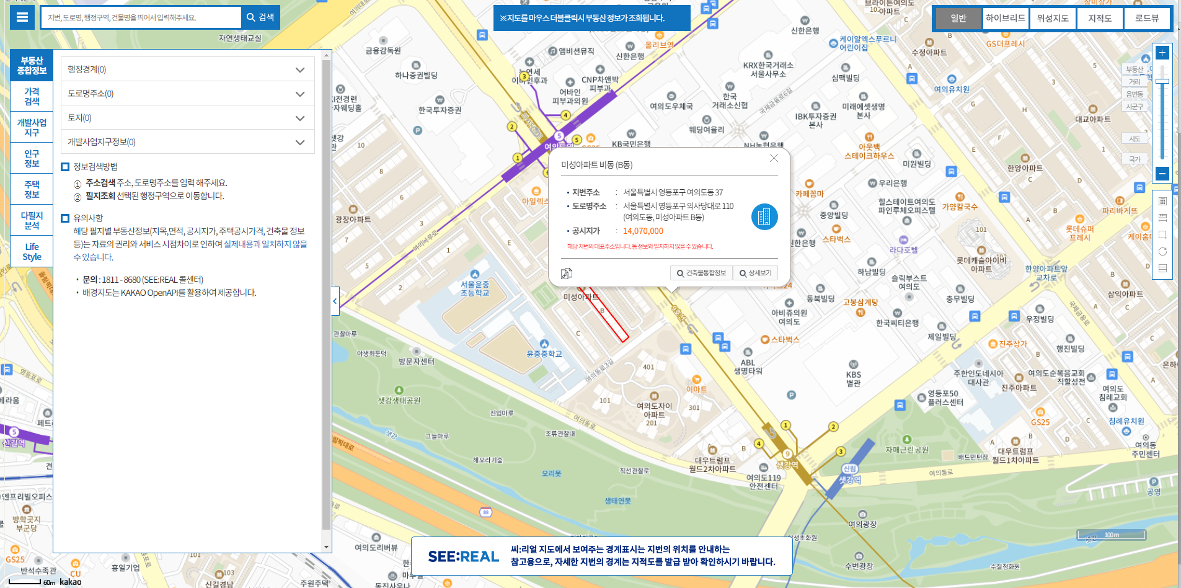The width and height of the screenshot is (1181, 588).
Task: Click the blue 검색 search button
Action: [260, 17]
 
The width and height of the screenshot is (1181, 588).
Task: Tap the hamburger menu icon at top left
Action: [22, 17]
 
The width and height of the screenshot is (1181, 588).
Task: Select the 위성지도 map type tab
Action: [1053, 18]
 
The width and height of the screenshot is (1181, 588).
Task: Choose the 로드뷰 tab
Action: [1146, 18]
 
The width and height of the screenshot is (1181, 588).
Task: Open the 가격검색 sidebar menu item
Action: [32, 96]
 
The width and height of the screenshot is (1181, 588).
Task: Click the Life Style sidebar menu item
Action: [32, 251]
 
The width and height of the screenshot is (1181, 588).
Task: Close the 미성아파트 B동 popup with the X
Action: [774, 158]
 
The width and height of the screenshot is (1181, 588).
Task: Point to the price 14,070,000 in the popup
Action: [643, 231]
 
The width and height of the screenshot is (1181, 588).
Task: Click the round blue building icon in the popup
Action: [764, 216]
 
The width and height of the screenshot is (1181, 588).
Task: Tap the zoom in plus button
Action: [1162, 53]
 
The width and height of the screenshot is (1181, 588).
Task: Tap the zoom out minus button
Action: [1162, 174]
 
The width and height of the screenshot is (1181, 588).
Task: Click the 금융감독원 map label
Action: [383, 50]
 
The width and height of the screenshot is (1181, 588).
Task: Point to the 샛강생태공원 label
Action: [399, 401]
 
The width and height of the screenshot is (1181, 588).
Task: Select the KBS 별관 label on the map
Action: [853, 378]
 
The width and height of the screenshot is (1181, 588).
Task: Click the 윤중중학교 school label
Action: [544, 354]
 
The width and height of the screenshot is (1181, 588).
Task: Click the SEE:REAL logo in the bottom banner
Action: [463, 556]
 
